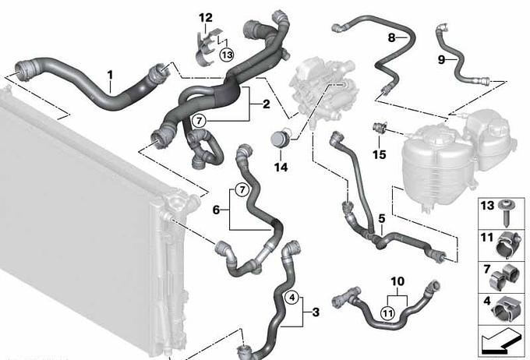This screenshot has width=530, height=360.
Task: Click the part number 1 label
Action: point(110,75)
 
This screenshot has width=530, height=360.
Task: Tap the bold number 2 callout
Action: point(267,104)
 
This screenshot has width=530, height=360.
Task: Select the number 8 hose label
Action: point(391,37)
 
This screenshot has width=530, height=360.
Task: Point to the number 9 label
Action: point(441,60)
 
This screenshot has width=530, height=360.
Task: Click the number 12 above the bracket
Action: point(206,18)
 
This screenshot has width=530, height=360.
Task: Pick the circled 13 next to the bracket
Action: point(227,55)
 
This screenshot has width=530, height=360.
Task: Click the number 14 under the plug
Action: point(281,167)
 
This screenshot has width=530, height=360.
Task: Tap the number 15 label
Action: point(380,154)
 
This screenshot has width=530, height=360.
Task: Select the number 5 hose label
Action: point(382,219)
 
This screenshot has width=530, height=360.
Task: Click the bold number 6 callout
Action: point(216,210)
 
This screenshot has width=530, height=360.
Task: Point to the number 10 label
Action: point(397,281)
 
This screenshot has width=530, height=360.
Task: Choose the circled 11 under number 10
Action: point(387,313)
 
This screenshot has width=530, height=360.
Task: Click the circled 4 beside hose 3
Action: point(292,298)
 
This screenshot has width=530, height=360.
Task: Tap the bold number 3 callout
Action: point(316,312)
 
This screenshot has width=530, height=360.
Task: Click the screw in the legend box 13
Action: point(507,214)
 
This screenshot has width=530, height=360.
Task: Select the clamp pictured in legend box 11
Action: point(507,245)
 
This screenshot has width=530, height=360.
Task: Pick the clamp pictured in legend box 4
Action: point(506,309)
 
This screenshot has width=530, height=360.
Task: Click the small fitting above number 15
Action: point(378,128)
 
